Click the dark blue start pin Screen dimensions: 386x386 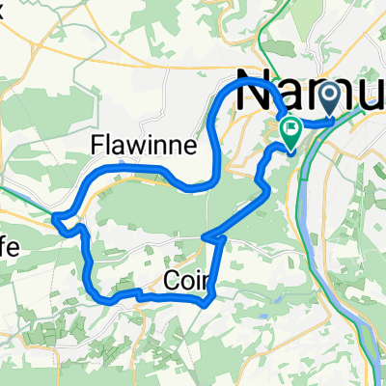[331, 96]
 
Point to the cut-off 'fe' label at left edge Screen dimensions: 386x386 [10, 247]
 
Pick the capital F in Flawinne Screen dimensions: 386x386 [96, 146]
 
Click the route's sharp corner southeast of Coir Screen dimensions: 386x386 [207, 302]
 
